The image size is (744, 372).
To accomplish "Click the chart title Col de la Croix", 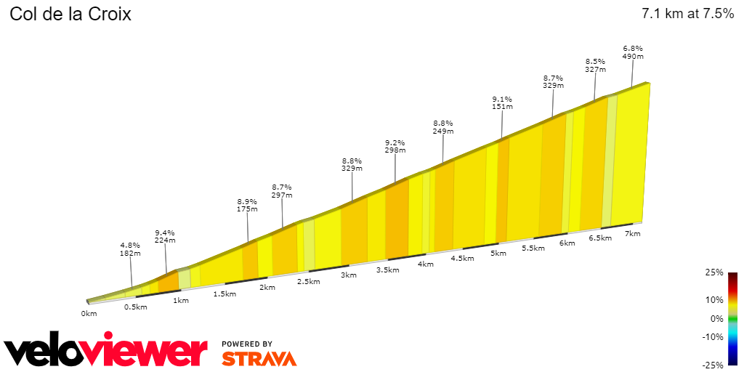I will tap(70, 15).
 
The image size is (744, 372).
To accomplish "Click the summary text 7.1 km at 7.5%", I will tap(687, 14).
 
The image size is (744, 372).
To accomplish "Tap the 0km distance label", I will tap(89, 313).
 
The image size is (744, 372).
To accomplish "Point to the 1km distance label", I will tap(181, 300).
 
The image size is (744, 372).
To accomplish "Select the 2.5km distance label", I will tap(309, 281).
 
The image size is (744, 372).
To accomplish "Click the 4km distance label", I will tap(425, 264).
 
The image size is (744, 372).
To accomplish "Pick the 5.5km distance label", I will tap(533, 248).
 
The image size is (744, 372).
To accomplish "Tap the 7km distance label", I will tap(632, 233).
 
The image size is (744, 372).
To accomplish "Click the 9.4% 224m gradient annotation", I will tap(165, 236).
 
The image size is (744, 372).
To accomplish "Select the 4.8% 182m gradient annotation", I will tap(131, 249).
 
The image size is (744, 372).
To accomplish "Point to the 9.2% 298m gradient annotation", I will tap(395, 146).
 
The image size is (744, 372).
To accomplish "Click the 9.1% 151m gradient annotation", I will tap(502, 102).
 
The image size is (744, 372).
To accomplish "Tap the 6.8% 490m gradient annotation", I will tap(633, 52).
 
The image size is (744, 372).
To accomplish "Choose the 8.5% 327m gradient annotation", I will tap(595, 65).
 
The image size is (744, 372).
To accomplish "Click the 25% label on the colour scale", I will tap(714, 272).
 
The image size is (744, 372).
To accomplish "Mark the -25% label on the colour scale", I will tap(713, 365).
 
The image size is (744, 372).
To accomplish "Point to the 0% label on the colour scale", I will tap(716, 319).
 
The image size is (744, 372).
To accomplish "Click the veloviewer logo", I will tap(106, 352).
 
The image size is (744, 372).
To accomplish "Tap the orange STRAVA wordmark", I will tap(259, 359).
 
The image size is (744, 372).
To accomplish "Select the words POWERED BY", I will tap(247, 344).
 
